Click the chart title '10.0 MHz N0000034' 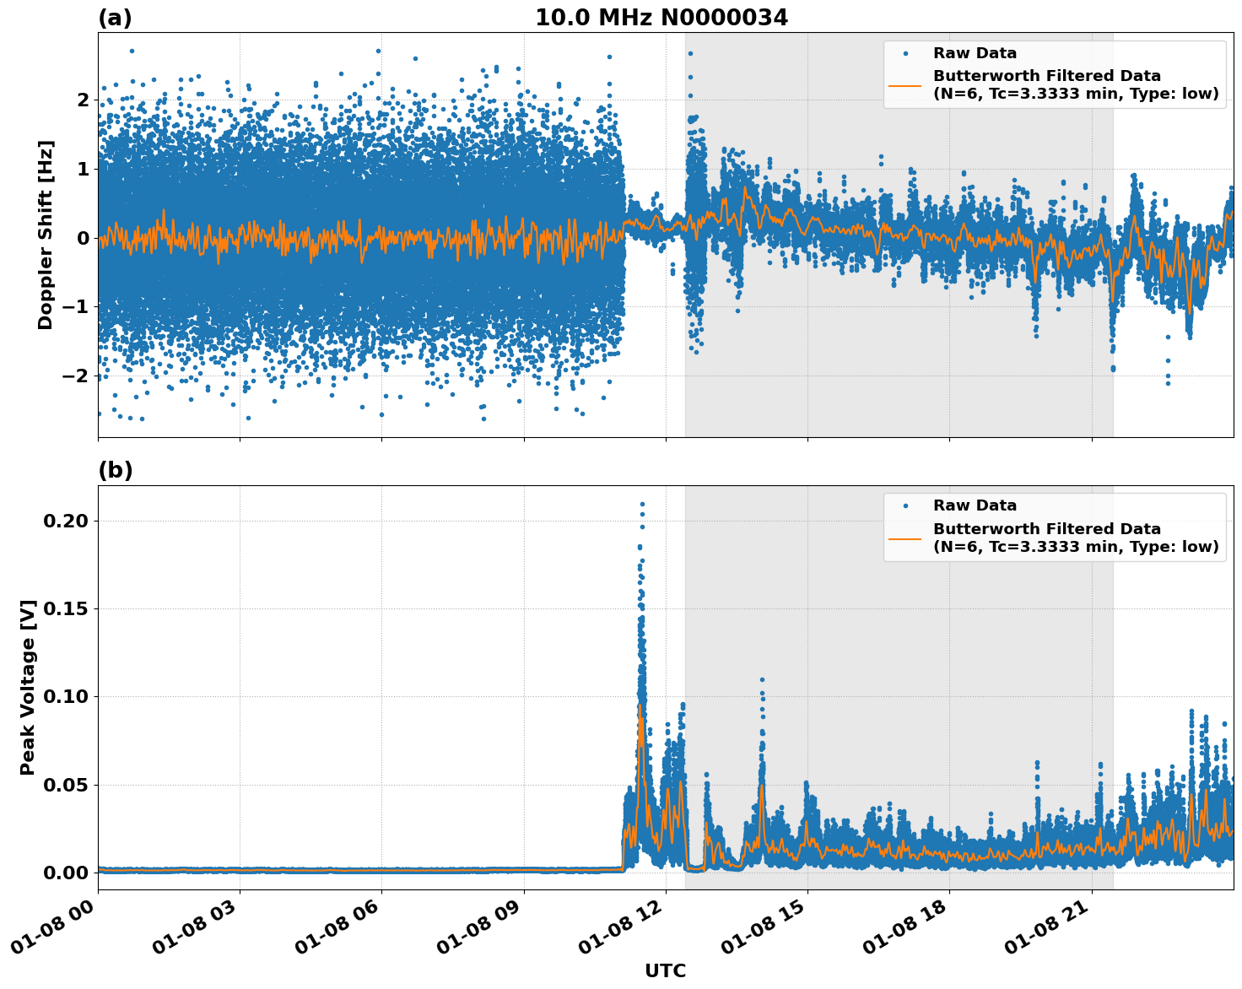(x=661, y=18)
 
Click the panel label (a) (x=115, y=18)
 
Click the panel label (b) (x=115, y=470)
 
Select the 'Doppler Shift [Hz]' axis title (x=46, y=235)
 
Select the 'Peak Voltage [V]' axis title (x=28, y=687)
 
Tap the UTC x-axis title (x=665, y=970)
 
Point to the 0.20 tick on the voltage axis (x=66, y=521)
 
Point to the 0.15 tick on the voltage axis (x=66, y=608)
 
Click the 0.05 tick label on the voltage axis (x=66, y=785)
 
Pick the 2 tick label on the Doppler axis (x=83, y=100)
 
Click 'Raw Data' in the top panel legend (x=975, y=53)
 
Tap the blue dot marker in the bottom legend (x=905, y=505)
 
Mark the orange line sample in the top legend (x=905, y=84)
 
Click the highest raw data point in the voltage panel (x=642, y=504)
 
